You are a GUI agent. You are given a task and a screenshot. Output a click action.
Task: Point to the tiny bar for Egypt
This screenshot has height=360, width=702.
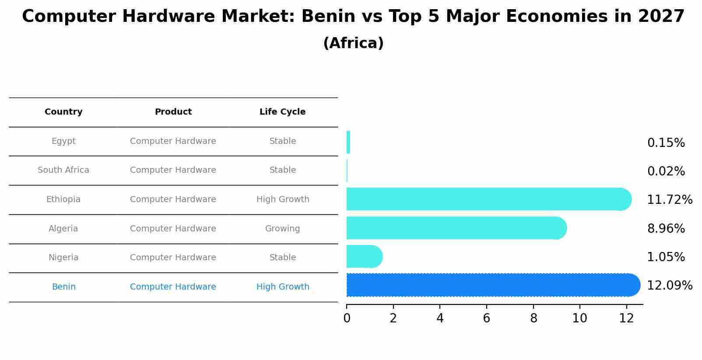[348, 143]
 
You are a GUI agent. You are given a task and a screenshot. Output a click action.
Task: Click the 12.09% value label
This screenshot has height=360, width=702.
[669, 286]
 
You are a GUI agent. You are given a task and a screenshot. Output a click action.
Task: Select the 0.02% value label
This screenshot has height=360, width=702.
[666, 171]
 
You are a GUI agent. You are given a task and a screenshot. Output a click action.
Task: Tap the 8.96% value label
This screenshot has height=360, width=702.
[666, 229]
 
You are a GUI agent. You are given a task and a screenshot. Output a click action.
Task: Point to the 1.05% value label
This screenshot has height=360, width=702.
[666, 257]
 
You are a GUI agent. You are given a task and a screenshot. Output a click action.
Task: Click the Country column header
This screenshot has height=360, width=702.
[63, 112]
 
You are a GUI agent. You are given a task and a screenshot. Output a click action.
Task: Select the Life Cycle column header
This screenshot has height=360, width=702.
[282, 112]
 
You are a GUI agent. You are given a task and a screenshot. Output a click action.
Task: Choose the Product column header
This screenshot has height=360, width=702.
[173, 112]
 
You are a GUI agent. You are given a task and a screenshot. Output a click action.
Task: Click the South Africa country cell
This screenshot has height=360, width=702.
[63, 170]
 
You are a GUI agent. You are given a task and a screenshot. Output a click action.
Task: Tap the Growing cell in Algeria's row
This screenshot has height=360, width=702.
[282, 229]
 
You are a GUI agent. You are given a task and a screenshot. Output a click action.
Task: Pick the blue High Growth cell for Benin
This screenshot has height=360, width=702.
[282, 287]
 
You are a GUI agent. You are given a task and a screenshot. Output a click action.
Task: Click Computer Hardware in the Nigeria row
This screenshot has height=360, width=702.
[173, 258]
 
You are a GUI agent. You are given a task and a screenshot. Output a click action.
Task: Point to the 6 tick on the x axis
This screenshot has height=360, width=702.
[486, 318]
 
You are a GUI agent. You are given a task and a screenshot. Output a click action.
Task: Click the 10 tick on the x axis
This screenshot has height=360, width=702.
[579, 318]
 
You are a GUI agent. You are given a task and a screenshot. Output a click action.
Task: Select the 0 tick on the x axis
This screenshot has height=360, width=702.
[347, 318]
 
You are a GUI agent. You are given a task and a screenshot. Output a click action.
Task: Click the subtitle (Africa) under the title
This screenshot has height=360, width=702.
[353, 43]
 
